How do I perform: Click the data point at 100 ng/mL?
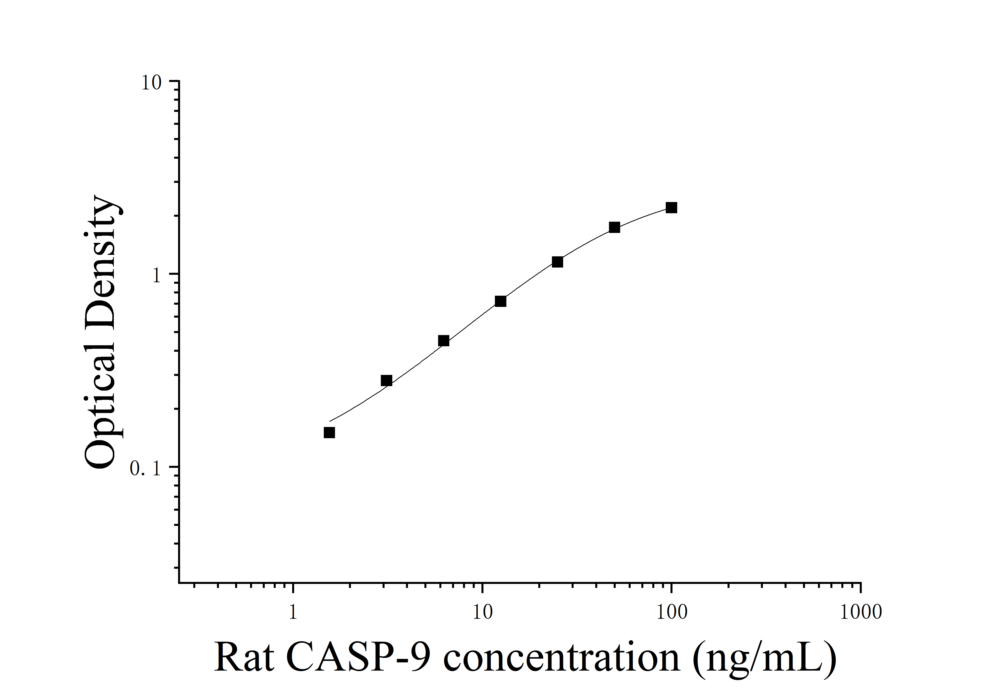[x=671, y=208]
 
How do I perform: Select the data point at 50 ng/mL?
[x=614, y=227]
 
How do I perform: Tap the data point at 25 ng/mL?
[x=557, y=262]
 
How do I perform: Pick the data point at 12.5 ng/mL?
[x=500, y=301]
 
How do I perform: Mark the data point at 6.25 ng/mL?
[x=443, y=341]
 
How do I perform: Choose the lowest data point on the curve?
[x=329, y=432]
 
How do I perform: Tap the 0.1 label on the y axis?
[x=145, y=469]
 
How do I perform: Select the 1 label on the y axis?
[x=157, y=276]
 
